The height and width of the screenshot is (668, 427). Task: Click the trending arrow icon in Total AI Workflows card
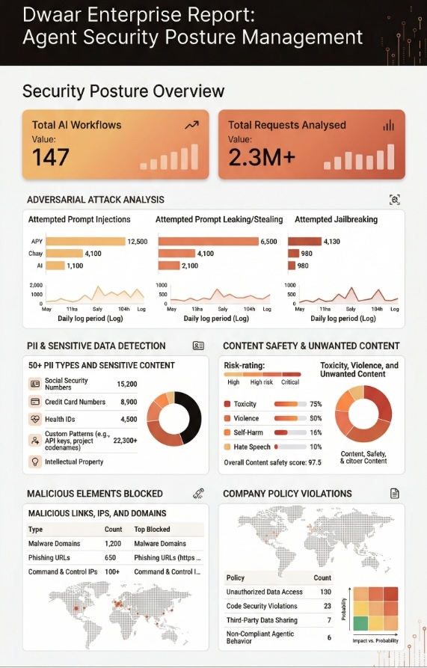[191, 126]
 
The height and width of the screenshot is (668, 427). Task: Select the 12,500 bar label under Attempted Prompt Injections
[138, 242]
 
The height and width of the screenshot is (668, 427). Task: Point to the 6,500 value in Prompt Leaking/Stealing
[268, 242]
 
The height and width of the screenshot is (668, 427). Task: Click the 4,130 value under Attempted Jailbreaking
[331, 242]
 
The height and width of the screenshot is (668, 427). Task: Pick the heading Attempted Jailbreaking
[336, 219]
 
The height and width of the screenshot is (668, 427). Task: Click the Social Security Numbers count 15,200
[127, 384]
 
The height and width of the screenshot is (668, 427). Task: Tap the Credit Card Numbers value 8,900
[127, 402]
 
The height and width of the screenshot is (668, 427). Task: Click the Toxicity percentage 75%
[316, 404]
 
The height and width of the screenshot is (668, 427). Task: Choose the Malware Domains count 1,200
[113, 543]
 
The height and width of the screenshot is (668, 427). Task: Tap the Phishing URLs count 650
[111, 557]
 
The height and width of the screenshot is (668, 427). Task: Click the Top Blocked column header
[152, 529]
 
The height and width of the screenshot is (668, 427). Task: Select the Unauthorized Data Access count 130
[326, 592]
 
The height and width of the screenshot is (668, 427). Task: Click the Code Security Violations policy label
[262, 606]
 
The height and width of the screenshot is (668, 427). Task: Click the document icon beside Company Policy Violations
[395, 494]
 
